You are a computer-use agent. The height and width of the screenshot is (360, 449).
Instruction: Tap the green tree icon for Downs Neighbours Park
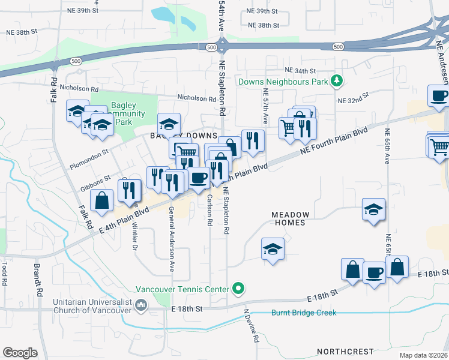[x=337, y=80]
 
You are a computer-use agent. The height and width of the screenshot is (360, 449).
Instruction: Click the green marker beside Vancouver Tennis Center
[x=238, y=289]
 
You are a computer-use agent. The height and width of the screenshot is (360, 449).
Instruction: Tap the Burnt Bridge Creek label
[x=304, y=313]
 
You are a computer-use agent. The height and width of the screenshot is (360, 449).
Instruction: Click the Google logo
[x=20, y=353]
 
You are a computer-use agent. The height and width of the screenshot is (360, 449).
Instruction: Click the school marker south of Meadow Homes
[x=273, y=249]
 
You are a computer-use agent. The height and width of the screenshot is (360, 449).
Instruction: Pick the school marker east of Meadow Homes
[x=374, y=210]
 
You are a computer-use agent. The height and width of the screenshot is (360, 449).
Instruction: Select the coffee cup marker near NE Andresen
[x=439, y=96]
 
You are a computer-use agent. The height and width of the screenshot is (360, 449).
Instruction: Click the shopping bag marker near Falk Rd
[x=103, y=201]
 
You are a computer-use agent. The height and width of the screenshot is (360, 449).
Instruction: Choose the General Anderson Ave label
[x=171, y=239]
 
